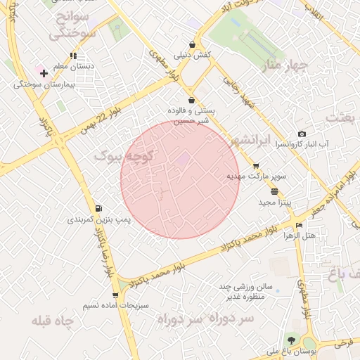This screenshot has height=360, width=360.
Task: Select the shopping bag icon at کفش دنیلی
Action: click(192, 43)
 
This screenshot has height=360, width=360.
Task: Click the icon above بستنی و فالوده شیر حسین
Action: click(192, 101)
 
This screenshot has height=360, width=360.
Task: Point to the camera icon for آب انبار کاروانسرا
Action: click(302, 134)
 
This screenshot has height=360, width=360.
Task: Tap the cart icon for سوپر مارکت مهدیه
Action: click(256, 166)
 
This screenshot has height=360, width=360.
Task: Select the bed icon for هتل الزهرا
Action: click(300, 226)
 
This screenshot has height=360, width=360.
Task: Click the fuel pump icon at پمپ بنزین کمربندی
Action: click(98, 208)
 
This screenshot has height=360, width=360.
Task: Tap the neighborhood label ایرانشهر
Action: click(250, 140)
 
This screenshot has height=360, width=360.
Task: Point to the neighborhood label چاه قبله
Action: click(52, 321)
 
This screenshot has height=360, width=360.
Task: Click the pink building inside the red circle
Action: click(182, 160)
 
